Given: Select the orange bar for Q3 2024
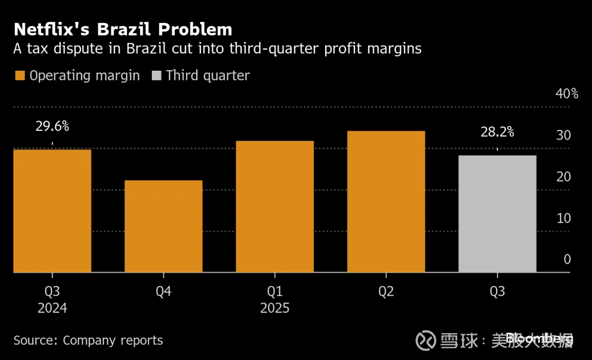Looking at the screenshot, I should (52, 211).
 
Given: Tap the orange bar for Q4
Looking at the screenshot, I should (163, 226).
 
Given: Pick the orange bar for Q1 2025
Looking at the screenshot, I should (275, 207).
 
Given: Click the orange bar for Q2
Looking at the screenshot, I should (386, 202).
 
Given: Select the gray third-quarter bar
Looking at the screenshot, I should (497, 214).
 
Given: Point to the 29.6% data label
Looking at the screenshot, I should (53, 127).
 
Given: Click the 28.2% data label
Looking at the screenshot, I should (497, 132).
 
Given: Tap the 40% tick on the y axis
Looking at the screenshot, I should (567, 94).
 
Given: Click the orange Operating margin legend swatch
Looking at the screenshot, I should (20, 76).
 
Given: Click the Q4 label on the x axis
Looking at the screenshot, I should (163, 292).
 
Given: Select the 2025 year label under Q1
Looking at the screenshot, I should (275, 308).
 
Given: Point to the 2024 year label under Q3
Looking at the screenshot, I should (53, 308).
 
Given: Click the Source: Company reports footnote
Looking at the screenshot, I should (88, 340).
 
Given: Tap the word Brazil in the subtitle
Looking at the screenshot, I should (147, 49).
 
